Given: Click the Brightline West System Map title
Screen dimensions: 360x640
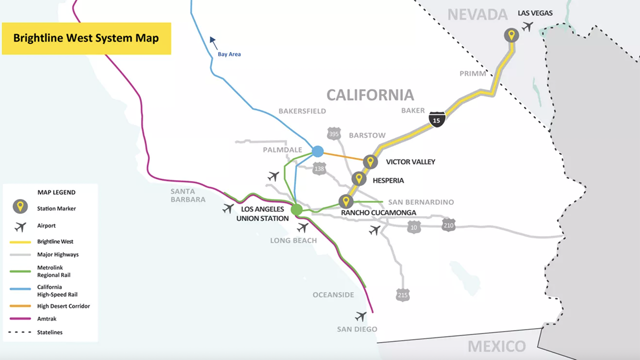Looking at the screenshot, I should pyautogui.click(x=86, y=38).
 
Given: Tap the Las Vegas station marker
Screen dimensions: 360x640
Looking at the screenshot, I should pyautogui.click(x=511, y=35).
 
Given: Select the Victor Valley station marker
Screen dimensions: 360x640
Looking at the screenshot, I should pyautogui.click(x=370, y=161).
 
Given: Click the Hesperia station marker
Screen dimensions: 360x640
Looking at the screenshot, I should pyautogui.click(x=358, y=178).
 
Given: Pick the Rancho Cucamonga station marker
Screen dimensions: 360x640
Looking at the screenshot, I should pyautogui.click(x=345, y=201).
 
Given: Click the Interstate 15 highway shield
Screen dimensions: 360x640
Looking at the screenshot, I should pyautogui.click(x=437, y=119).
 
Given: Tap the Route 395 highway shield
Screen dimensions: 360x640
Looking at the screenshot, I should pyautogui.click(x=334, y=133).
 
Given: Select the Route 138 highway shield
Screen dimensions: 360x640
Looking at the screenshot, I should pyautogui.click(x=319, y=169).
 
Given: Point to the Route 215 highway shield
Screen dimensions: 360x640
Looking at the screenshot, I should pyautogui.click(x=402, y=294).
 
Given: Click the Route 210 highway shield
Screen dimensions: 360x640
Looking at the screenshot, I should pyautogui.click(x=448, y=224).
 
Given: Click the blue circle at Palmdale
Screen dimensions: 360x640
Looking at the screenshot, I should pyautogui.click(x=317, y=151).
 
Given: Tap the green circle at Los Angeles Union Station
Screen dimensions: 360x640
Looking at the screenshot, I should pyautogui.click(x=296, y=209).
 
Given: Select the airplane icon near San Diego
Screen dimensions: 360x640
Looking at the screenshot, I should pyautogui.click(x=360, y=316).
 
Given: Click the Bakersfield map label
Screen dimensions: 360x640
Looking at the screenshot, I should pyautogui.click(x=301, y=111).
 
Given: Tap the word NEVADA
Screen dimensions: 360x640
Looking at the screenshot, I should pyautogui.click(x=477, y=14).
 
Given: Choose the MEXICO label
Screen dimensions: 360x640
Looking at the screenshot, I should pyautogui.click(x=496, y=346).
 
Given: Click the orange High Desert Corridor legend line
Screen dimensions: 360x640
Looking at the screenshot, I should pyautogui.click(x=20, y=306).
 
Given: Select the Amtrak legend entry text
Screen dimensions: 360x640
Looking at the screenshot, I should pyautogui.click(x=47, y=318).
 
